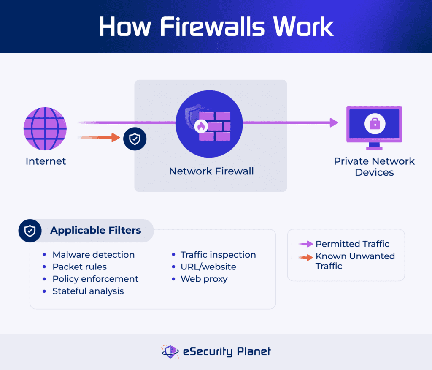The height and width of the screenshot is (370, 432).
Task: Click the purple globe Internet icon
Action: tap(45, 128)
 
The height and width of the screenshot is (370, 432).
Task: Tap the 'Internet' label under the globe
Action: tap(46, 161)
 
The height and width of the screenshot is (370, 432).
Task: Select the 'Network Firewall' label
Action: tap(211, 171)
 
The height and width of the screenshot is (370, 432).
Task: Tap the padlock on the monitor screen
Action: tap(374, 123)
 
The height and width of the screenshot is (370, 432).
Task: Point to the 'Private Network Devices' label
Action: tap(374, 167)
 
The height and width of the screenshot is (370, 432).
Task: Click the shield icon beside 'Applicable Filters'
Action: tap(30, 231)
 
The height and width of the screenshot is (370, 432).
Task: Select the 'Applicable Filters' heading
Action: tap(95, 231)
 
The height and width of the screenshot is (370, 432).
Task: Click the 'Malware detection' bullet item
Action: tap(93, 255)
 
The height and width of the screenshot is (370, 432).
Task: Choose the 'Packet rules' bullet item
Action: tap(79, 267)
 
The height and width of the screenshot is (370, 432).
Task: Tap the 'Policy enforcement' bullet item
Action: tap(95, 279)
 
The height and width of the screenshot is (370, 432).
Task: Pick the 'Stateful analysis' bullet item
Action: tap(88, 291)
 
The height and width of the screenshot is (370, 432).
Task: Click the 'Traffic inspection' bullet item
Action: tap(218, 255)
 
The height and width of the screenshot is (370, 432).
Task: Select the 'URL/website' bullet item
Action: tap(208, 267)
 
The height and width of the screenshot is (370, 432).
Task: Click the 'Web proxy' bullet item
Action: tap(204, 279)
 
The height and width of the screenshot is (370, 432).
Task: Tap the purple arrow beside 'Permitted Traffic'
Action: tap(306, 244)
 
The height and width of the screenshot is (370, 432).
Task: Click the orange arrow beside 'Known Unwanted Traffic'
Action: tap(306, 256)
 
